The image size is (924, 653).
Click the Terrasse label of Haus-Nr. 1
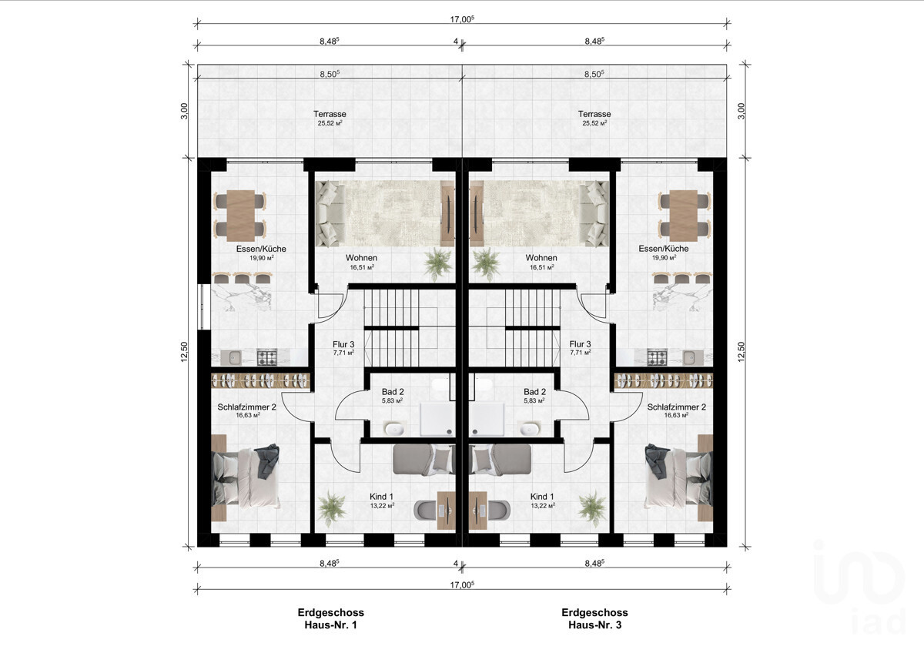[330, 114]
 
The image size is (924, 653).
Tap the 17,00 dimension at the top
[462, 19]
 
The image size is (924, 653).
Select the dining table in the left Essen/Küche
[240, 216]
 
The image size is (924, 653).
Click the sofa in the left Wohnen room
[330, 213]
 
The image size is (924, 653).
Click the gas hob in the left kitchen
[267, 357]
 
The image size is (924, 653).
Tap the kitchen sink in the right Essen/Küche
[692, 357]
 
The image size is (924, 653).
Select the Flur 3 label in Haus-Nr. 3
[580, 344]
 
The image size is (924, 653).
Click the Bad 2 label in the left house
[392, 392]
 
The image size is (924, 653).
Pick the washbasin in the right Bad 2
[528, 429]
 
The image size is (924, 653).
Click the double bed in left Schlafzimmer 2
[245, 477]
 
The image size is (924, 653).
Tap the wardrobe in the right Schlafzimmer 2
[664, 380]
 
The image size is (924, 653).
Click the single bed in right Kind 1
[500, 460]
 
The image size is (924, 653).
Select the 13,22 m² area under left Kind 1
[382, 506]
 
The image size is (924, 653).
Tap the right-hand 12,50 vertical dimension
[742, 352]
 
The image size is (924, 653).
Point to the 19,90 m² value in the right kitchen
[664, 258]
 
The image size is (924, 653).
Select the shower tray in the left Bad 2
[437, 419]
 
